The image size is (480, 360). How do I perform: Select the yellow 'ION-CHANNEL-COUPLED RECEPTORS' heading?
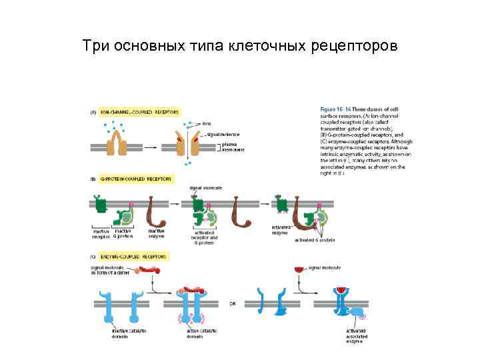pos(139,112)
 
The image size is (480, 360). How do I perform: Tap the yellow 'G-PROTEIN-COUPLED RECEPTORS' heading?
pos(135,179)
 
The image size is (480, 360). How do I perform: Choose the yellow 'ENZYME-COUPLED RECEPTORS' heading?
pos(134,256)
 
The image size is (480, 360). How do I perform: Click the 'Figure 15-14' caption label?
pos(335,109)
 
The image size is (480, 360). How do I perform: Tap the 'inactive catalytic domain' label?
pos(129,333)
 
